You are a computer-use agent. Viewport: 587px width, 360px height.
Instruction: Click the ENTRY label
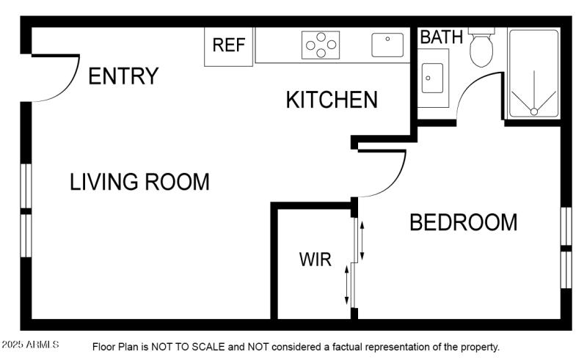point(123,76)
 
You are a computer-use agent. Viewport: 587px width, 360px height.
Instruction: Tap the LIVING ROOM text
point(139,182)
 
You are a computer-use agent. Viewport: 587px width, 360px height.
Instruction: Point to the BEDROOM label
point(463,222)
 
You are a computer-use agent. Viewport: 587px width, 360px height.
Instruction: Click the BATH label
point(442,37)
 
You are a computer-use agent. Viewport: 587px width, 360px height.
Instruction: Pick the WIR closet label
point(315,260)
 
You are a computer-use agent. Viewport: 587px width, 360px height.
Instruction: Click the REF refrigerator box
point(228,45)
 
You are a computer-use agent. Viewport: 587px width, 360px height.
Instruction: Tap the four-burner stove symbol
point(321,45)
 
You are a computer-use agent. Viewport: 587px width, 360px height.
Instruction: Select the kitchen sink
point(387,45)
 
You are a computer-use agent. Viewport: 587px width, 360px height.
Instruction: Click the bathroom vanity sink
point(432,78)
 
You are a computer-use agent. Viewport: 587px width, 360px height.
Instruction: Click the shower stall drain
point(534,111)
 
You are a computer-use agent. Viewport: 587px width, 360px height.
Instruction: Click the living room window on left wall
point(26,210)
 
